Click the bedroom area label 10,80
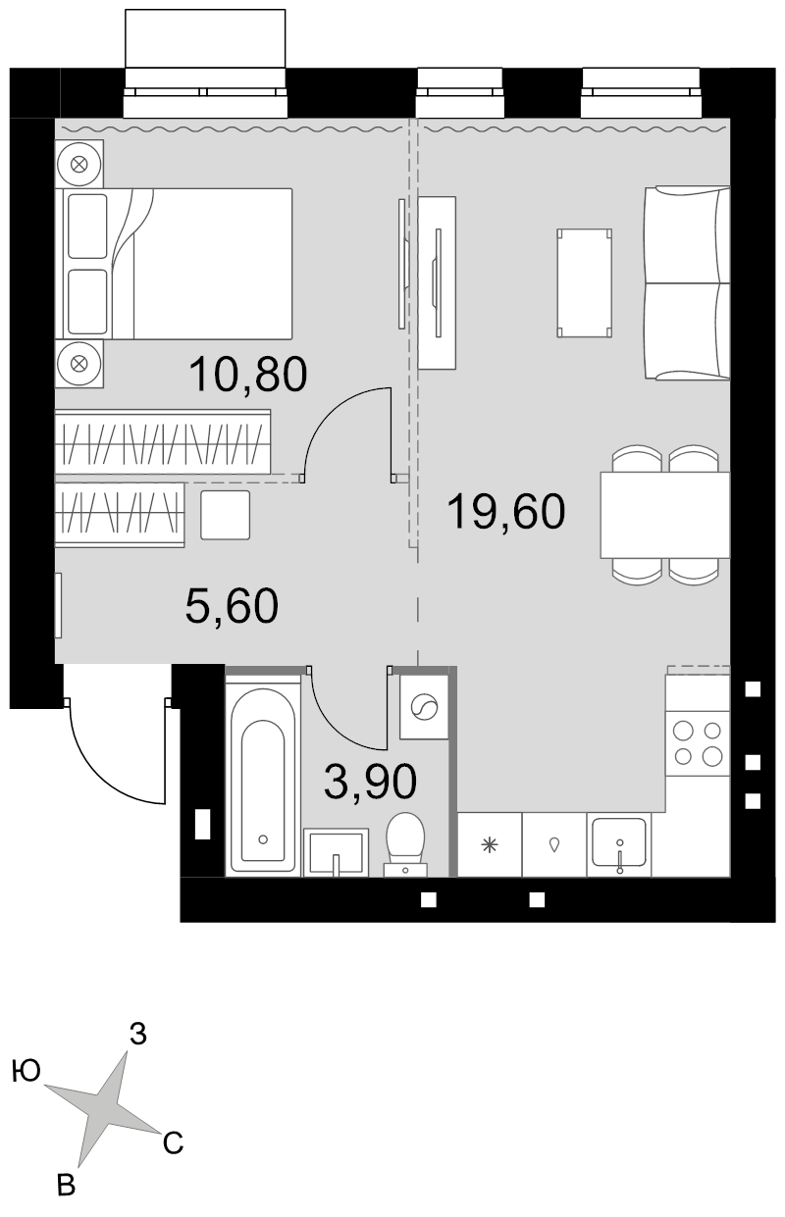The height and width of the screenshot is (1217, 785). tap(248, 374)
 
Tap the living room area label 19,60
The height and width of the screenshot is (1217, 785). tap(505, 511)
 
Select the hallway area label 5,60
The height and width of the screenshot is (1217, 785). tap(232, 606)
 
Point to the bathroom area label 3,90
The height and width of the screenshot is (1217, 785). tap(370, 782)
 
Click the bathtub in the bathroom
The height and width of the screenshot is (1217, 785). tap(263, 777)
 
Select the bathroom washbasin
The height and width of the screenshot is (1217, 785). tap(336, 852)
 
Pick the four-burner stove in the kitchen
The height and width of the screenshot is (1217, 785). tap(698, 741)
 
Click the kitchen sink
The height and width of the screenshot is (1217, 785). tap(619, 844)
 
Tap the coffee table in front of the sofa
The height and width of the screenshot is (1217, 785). tap(585, 282)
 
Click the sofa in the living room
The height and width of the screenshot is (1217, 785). tap(687, 282)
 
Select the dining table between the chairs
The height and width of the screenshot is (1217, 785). tap(665, 515)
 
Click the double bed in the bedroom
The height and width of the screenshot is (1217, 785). tap(178, 264)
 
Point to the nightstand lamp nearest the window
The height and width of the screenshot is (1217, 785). tap(79, 164)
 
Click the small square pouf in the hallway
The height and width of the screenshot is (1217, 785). tap(226, 515)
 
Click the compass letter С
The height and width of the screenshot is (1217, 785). tap(173, 1143)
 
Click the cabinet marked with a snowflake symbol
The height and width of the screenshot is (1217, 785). tap(490, 844)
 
